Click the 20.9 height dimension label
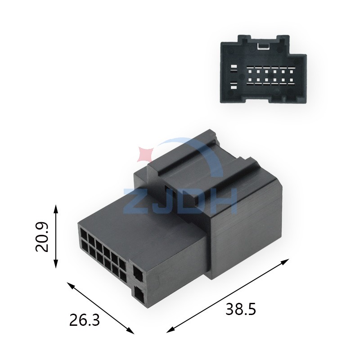[x=42, y=237]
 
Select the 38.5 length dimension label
[x=241, y=309]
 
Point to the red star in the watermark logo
[x=145, y=154]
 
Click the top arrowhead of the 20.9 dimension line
[x=56, y=209]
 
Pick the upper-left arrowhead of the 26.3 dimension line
[x=71, y=285]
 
